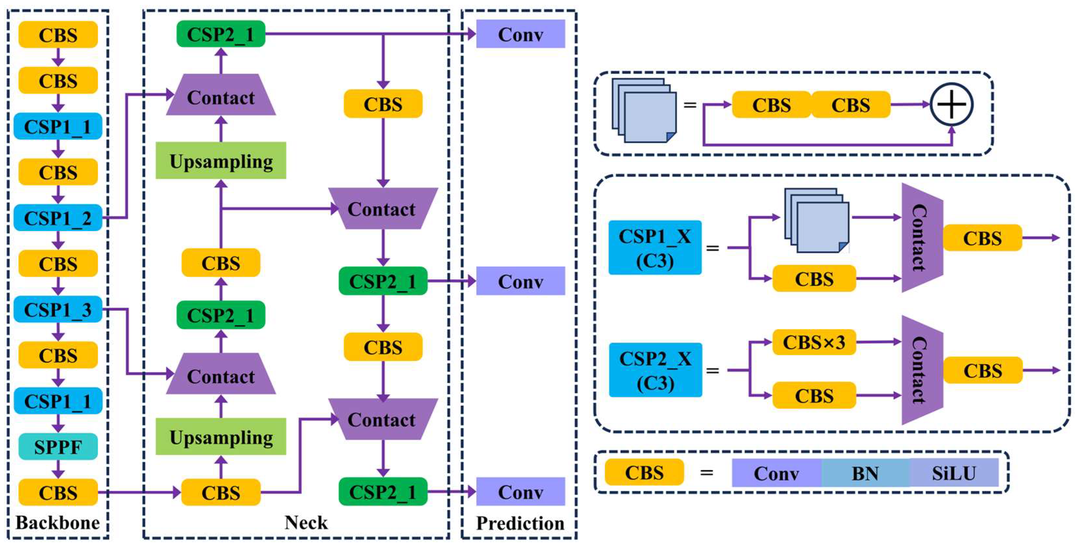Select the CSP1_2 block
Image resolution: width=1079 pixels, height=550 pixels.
(58, 218)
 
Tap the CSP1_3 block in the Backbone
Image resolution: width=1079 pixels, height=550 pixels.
(58, 309)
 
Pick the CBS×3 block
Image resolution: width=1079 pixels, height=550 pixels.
(814, 342)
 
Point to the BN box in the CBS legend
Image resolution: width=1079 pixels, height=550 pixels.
(865, 473)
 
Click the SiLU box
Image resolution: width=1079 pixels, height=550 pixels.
(954, 473)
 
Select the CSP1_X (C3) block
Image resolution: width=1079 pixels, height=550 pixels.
(655, 248)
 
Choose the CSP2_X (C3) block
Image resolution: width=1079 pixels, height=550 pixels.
(655, 370)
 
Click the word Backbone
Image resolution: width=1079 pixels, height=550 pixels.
(57, 522)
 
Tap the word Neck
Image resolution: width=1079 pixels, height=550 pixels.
(306, 522)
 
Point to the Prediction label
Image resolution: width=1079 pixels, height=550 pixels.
(520, 523)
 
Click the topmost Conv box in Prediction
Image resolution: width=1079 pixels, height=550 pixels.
(521, 34)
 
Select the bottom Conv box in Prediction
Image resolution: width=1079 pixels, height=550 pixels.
(521, 491)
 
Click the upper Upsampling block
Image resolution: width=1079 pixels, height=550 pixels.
(221, 161)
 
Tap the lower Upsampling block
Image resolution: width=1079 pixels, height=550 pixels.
(221, 436)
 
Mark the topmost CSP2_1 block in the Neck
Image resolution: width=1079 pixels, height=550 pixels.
(221, 34)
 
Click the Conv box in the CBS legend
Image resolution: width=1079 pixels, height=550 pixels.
(777, 473)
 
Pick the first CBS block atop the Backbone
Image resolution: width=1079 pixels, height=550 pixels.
(58, 34)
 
